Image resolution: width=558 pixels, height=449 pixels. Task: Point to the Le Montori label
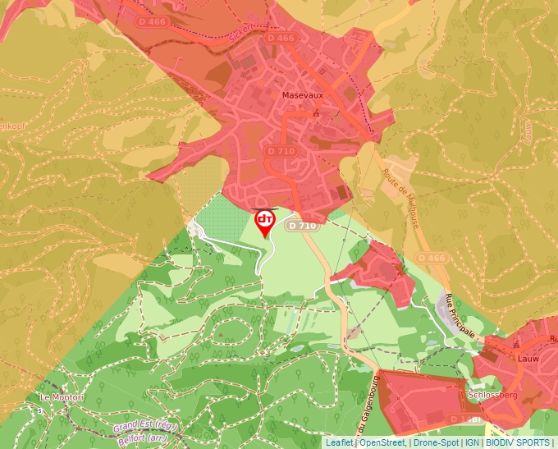pos(62,397)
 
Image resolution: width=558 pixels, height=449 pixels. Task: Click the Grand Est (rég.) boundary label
pos(144,427)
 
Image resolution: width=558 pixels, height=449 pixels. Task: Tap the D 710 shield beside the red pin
pos(302,226)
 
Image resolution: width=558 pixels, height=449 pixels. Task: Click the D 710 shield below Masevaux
pos(281,151)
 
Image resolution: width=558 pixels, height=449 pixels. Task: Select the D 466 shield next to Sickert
pos(281,39)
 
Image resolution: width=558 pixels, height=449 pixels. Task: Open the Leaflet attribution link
pos(339,442)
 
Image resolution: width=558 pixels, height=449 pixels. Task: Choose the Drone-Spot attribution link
pos(437,442)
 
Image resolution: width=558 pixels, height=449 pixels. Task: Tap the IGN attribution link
pos(473,442)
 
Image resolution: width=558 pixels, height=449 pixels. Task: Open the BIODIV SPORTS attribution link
pos(518,442)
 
